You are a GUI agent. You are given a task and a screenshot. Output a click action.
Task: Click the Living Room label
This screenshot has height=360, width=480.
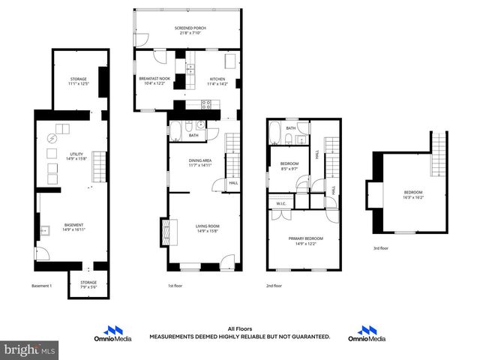[x=207, y=228]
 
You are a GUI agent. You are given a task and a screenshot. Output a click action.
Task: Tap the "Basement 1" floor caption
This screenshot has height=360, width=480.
[x=42, y=286]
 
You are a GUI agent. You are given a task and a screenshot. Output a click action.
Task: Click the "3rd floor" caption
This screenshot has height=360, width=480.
[x=381, y=248]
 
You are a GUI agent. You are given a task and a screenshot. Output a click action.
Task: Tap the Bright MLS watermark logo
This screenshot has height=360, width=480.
[x=30, y=349]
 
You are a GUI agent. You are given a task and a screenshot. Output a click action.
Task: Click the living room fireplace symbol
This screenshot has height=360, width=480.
[x=165, y=232]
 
